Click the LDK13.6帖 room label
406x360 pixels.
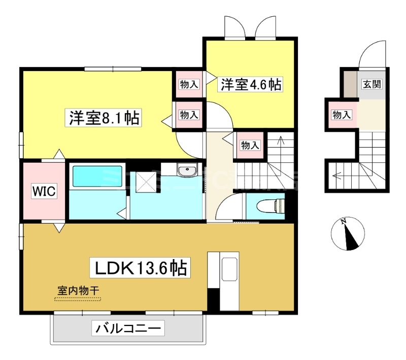tap(140, 267)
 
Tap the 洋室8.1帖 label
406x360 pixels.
tap(103, 118)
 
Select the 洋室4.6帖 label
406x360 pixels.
tap(250, 84)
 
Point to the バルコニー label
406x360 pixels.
tap(129, 330)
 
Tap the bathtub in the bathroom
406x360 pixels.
tap(97, 177)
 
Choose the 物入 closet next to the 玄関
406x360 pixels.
tap(342, 115)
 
